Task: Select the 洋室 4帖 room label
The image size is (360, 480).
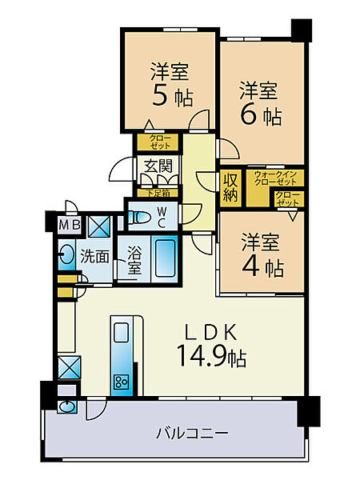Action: click(260, 254)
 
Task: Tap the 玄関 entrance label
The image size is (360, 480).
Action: click(158, 167)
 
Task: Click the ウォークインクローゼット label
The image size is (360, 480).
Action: click(274, 178)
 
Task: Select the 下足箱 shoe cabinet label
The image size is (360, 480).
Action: click(158, 192)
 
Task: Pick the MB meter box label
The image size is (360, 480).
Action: click(69, 225)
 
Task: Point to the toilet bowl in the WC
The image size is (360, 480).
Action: click(140, 216)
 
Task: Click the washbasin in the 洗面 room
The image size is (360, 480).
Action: click(65, 257)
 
